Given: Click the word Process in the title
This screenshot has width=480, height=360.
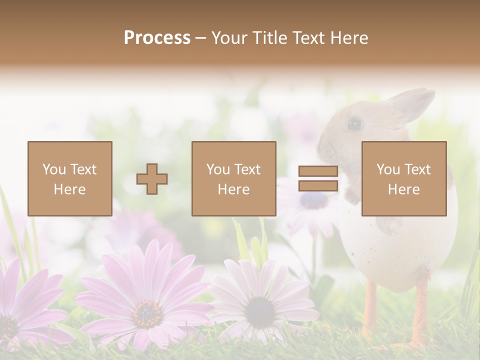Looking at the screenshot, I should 157,38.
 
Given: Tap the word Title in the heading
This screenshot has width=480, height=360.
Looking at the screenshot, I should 269,38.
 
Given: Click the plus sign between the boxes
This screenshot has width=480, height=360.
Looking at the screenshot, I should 152,179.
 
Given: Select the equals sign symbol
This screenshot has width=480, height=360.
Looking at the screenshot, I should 318,178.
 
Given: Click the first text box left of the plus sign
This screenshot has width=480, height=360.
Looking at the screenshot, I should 70,178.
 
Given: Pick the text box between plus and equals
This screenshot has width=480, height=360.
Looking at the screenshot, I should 233,178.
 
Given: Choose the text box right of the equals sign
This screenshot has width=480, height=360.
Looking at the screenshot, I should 403,178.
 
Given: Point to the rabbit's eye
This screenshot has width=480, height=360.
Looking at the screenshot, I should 354,123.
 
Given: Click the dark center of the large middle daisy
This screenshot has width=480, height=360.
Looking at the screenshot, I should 147,313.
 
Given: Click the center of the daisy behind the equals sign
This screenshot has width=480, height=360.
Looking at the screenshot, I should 313,200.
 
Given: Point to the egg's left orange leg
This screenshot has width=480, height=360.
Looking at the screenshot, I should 370,310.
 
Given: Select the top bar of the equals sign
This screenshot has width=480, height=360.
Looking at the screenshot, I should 318,171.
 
